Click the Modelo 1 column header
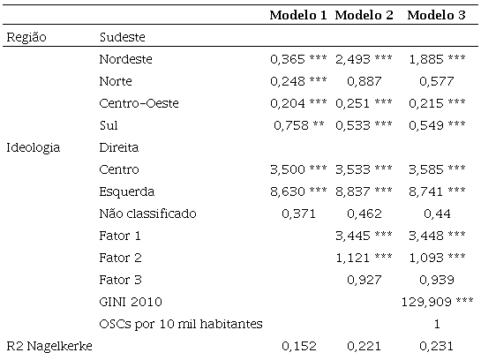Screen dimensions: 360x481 coord(298,15)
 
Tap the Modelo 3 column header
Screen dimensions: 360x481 coord(436,15)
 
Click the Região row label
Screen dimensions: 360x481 coord(26,37)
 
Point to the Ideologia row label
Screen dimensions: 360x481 coord(33,147)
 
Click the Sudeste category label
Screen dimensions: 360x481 coord(123,37)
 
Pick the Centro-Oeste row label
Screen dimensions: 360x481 coord(139,103)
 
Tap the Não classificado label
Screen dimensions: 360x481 coord(148,214)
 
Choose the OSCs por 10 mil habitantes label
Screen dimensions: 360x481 coord(181,324)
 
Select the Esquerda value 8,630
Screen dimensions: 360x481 coord(288,191)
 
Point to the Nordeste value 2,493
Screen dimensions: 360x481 coord(352,59)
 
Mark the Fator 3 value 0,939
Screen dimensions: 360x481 coord(436,280)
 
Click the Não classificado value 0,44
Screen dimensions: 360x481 coord(436,214)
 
